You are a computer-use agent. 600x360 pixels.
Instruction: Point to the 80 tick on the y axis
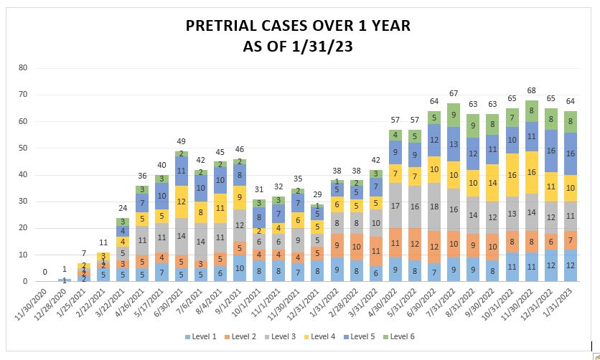click(22, 68)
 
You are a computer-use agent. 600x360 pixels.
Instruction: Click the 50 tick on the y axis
click(22, 148)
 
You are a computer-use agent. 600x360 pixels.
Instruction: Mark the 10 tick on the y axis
click(22, 255)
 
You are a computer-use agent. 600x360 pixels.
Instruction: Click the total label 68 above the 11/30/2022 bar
click(531, 91)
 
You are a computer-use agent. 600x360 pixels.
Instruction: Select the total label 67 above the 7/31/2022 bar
click(453, 93)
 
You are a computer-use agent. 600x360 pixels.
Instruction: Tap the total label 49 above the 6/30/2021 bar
click(181, 141)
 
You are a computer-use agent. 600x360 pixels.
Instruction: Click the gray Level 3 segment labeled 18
click(433, 207)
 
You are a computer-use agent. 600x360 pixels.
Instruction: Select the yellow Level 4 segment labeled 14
click(492, 183)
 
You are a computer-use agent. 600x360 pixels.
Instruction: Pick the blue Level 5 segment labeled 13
click(453, 144)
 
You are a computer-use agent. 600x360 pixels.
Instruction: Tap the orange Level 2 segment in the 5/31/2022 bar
click(414, 245)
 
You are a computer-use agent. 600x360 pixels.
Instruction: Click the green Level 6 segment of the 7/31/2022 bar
click(453, 115)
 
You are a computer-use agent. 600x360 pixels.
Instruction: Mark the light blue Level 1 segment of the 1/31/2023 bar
click(571, 265)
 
